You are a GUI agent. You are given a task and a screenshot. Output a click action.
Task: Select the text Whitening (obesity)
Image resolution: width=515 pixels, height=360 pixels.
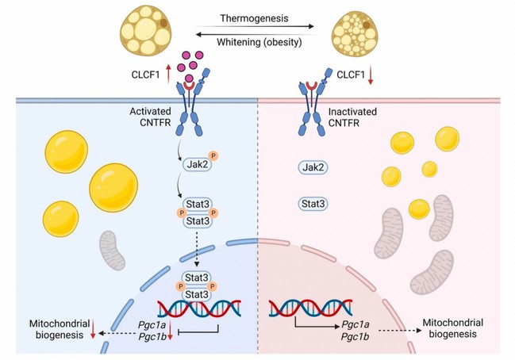258,36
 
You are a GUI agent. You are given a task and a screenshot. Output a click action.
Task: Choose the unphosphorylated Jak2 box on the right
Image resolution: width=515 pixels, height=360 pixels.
314,167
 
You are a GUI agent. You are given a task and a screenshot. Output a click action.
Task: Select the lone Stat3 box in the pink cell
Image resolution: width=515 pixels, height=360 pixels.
314,204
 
